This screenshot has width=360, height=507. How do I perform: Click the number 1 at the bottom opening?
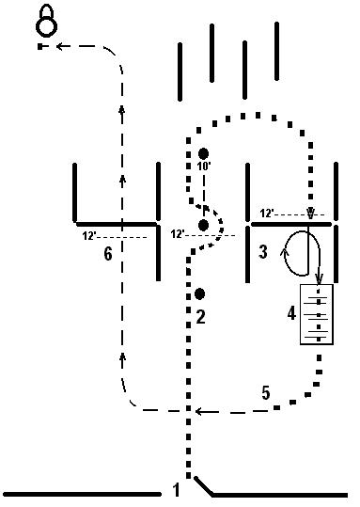176,488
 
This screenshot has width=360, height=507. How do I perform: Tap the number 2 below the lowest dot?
200,316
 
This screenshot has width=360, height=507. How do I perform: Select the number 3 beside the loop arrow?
263,251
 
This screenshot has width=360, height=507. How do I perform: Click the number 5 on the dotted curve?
266,392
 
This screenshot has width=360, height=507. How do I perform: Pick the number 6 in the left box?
108,253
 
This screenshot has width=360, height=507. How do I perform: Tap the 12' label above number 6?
90,235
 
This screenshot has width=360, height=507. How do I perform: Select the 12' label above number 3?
267,214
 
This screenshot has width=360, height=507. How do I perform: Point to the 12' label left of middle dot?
178,234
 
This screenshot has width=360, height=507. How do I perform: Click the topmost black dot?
203,153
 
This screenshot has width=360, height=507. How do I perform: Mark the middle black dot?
203,225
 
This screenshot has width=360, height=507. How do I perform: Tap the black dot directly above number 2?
199,293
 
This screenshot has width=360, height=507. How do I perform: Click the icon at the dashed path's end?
43,21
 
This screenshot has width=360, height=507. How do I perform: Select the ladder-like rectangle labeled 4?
320,312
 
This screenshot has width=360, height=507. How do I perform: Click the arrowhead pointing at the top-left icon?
59,44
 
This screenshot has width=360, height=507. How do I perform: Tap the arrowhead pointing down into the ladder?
320,279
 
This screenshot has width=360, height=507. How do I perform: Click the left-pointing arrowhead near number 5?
200,411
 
